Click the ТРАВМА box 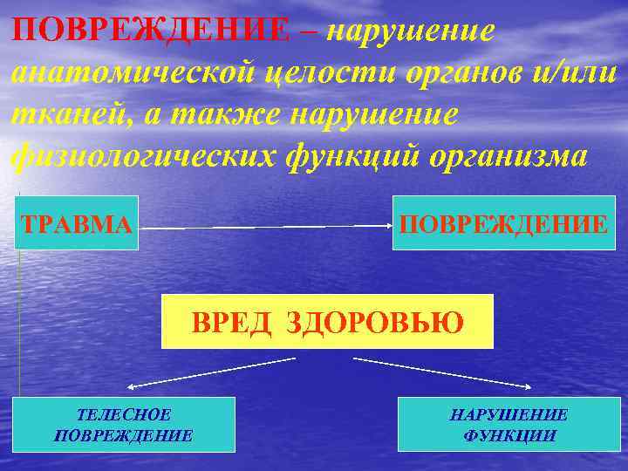[x=77, y=223]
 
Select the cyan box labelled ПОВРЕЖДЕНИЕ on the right [x=503, y=223]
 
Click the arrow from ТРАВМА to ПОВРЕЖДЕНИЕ [x=266, y=226]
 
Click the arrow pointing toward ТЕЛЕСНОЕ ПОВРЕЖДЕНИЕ [x=209, y=372]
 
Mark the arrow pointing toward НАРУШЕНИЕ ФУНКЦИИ [x=445, y=372]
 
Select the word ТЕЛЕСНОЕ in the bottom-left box [x=123, y=415]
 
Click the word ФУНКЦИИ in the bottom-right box [x=509, y=434]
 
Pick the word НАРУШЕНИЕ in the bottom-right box [x=509, y=415]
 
